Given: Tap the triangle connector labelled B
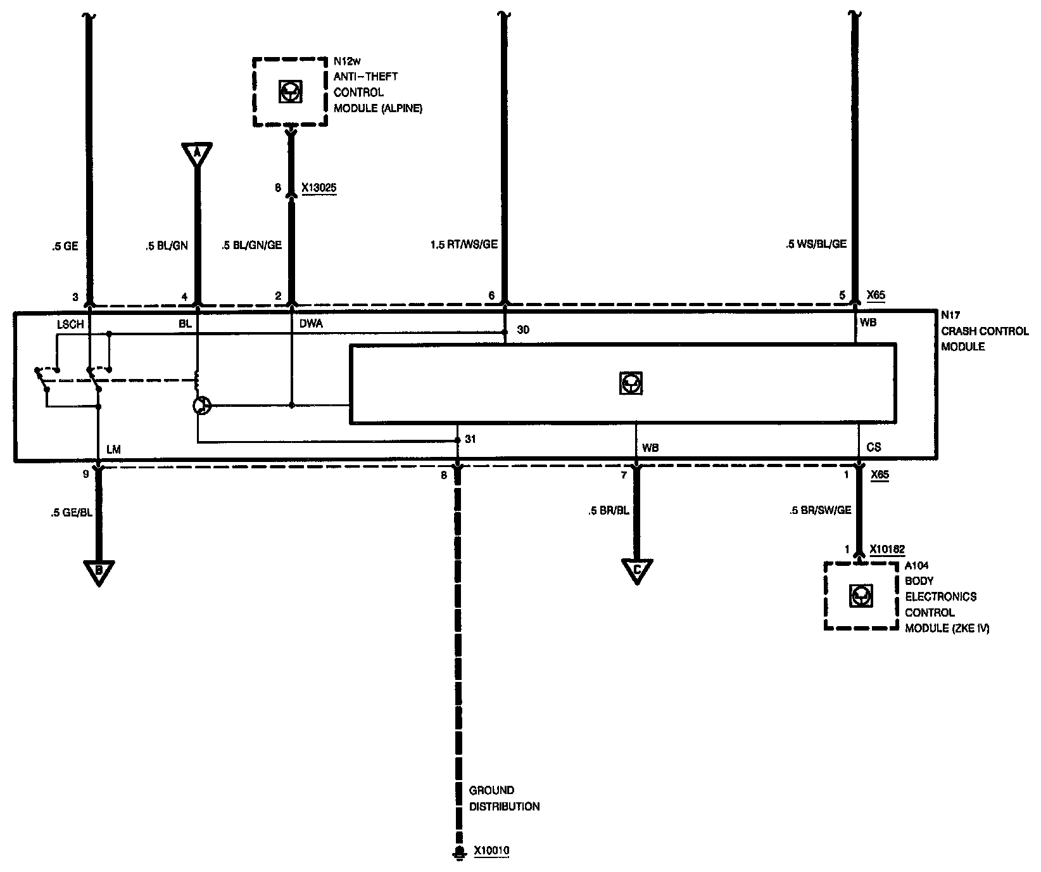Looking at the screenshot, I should click(99, 572).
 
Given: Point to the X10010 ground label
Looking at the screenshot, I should click(491, 850).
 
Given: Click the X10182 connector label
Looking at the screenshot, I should click(887, 549).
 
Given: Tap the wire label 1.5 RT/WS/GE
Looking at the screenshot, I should click(464, 243).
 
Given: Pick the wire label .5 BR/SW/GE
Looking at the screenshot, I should click(820, 510).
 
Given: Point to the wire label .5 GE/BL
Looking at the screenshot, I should click(72, 513).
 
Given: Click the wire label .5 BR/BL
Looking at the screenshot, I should click(609, 510).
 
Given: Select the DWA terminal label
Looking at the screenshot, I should click(311, 324).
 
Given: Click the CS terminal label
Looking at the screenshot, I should click(874, 447).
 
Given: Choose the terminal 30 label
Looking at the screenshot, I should click(523, 330).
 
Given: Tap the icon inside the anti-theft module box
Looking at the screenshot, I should click(290, 93).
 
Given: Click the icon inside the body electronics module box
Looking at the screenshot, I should click(860, 596).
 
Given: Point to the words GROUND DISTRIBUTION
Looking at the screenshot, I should click(504, 798).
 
